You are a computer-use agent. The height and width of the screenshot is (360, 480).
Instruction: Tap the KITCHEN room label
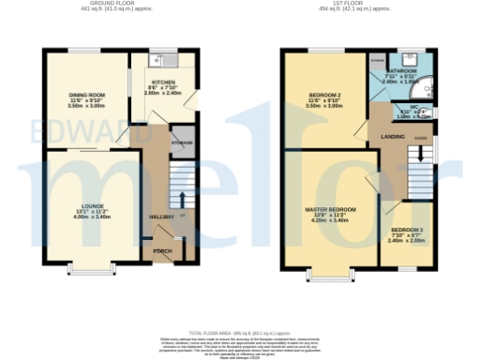(161, 82)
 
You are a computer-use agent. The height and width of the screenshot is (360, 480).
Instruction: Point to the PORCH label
(162, 251)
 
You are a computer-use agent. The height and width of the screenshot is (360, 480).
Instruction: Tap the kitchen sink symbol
(161, 58)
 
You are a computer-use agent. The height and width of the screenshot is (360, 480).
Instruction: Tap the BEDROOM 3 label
(407, 230)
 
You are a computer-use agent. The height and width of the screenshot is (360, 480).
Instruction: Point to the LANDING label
(393, 138)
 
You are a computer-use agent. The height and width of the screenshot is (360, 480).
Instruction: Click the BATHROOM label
(403, 71)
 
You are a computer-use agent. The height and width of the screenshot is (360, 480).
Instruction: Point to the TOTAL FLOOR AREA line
(240, 333)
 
